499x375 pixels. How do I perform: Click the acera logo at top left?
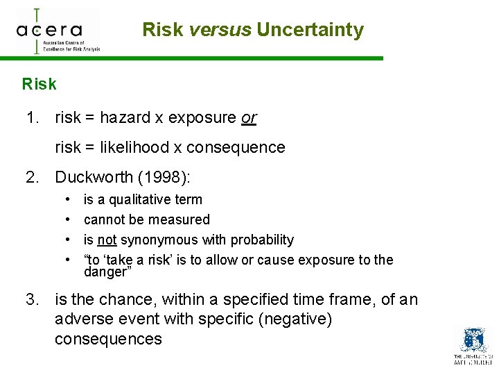click(x=58, y=31)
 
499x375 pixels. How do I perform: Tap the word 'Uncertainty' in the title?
click(x=310, y=30)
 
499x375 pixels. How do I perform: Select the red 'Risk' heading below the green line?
click(x=39, y=85)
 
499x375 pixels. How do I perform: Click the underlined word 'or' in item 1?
click(x=248, y=118)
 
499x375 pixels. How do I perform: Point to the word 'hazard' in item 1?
click(x=125, y=118)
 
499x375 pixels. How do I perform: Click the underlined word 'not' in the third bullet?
click(x=106, y=240)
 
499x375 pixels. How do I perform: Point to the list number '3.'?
click(x=33, y=300)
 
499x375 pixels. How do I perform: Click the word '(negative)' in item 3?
click(x=297, y=319)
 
